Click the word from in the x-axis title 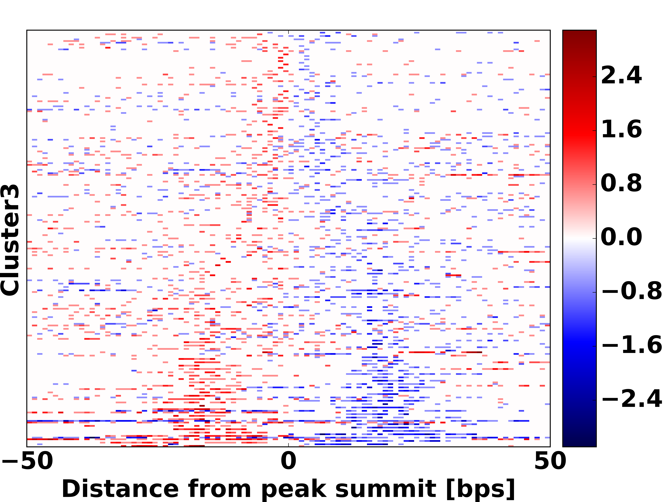pyautogui.click(x=219, y=489)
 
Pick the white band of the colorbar pyautogui.click(x=579, y=238)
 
